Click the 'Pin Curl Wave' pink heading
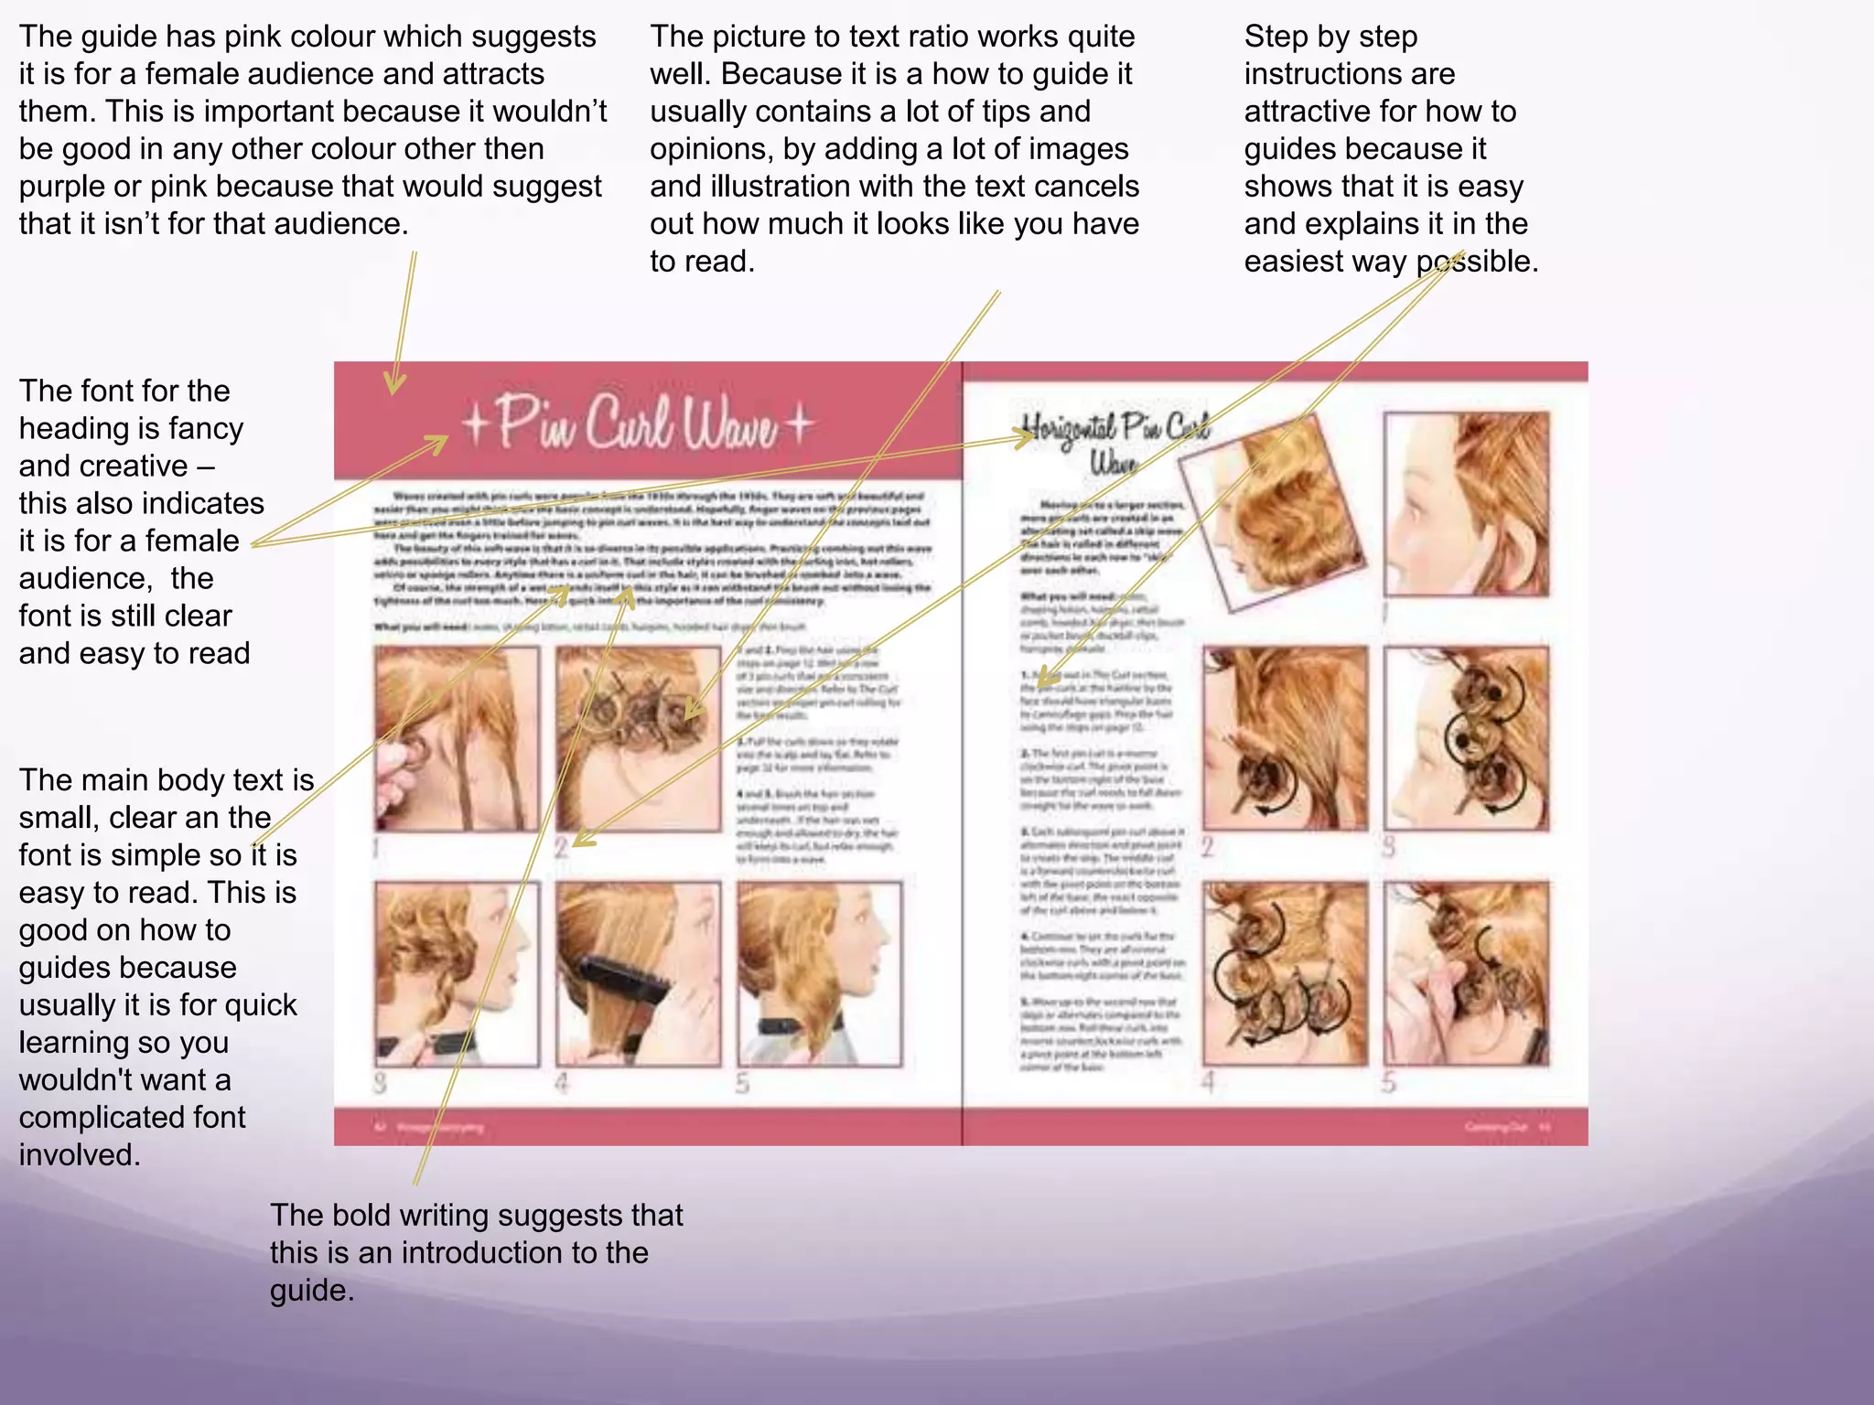(636, 424)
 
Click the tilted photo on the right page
(1272, 512)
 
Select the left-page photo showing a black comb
(638, 974)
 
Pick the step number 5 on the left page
(742, 1084)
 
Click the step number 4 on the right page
(1208, 1083)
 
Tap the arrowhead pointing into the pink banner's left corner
(394, 384)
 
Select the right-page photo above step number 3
(1466, 739)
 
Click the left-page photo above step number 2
(638, 739)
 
